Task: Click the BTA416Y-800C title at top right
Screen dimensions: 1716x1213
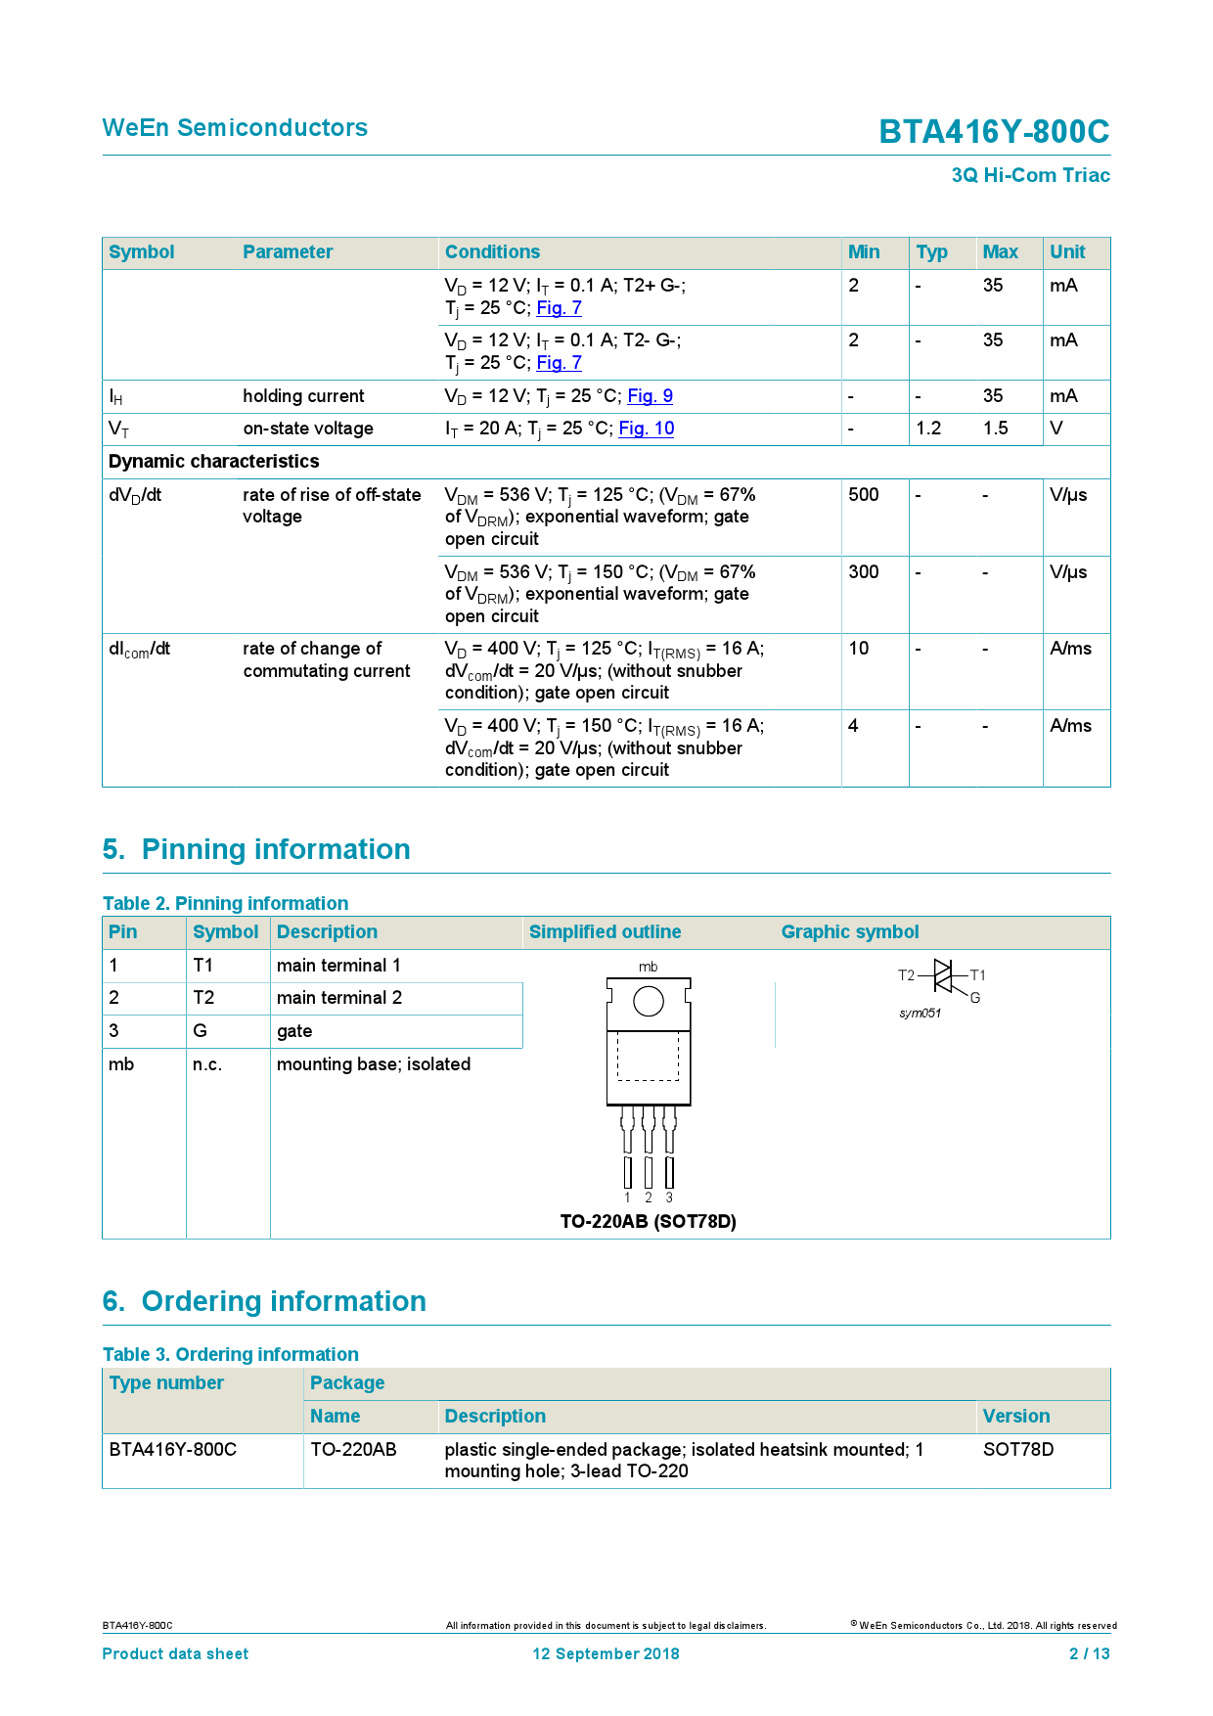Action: point(993,131)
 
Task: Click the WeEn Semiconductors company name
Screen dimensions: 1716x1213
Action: point(235,128)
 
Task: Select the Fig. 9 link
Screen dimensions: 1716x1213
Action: point(650,396)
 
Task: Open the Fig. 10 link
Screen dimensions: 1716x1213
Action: point(646,429)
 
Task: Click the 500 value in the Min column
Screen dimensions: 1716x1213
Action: point(863,495)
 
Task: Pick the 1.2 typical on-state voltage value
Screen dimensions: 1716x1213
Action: point(927,429)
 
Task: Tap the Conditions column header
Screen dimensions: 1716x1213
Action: point(492,252)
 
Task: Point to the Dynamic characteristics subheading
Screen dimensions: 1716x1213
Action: point(213,462)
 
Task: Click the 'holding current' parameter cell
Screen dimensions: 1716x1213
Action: point(303,396)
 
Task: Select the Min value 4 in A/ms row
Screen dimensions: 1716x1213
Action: point(853,726)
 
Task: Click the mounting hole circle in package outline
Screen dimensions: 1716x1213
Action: point(649,1001)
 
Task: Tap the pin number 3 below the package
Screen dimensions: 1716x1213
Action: point(669,1197)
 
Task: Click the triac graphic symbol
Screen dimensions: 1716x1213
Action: point(942,976)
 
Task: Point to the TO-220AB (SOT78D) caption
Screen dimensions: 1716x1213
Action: point(648,1221)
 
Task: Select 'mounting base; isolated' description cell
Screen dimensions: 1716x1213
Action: point(373,1064)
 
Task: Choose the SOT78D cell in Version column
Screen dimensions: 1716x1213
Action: point(1017,1450)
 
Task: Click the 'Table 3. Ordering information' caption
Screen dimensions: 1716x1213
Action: point(231,1355)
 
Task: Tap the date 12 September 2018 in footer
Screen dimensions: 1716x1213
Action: point(606,1654)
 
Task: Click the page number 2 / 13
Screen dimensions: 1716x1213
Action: point(1089,1654)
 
